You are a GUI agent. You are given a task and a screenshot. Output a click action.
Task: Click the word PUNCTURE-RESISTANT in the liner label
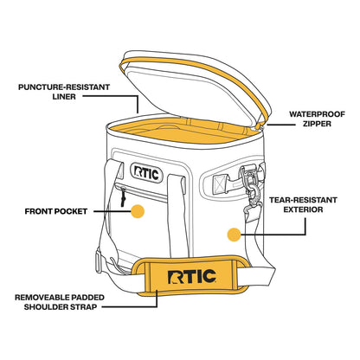(64, 87)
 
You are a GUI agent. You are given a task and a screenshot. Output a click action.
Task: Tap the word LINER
(64, 97)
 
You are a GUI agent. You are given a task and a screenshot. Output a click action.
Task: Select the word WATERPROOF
(317, 114)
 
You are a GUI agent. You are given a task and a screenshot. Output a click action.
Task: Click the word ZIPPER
(317, 124)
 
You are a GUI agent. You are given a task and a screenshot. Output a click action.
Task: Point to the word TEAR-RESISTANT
(303, 200)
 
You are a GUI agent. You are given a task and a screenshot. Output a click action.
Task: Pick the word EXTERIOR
(303, 209)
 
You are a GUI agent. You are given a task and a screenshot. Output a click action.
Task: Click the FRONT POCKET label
(56, 211)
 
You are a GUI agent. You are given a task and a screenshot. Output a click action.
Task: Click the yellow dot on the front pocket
(138, 211)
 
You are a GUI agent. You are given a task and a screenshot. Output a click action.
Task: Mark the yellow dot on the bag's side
(234, 235)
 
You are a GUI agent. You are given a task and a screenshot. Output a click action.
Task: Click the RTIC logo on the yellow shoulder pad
(191, 277)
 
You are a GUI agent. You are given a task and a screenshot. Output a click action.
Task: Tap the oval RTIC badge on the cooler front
(146, 173)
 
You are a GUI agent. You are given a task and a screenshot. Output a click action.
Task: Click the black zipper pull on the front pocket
(123, 197)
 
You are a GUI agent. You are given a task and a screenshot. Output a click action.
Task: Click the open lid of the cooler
(196, 87)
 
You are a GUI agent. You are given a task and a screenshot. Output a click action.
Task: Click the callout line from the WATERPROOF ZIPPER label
(281, 125)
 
